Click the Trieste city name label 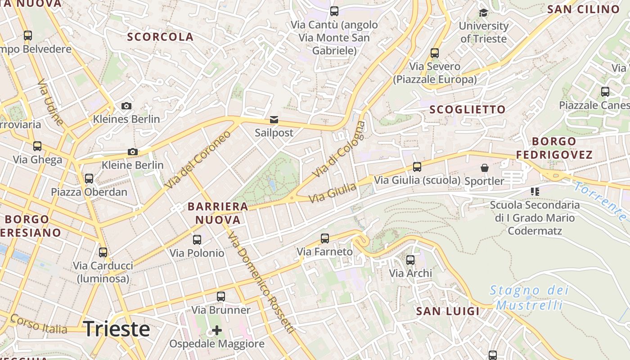click(x=117, y=329)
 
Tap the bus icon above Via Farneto click(x=325, y=238)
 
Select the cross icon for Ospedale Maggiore click(x=217, y=330)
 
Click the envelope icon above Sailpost click(x=274, y=120)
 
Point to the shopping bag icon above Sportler click(x=485, y=168)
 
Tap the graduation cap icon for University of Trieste click(x=484, y=13)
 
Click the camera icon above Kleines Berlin click(x=126, y=106)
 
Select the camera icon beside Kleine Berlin click(x=132, y=152)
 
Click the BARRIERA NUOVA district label click(x=218, y=213)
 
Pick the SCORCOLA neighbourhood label click(x=160, y=37)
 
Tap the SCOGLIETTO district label click(x=468, y=109)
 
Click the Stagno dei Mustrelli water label click(x=529, y=297)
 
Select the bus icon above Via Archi click(x=410, y=260)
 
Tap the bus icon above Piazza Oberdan click(x=89, y=179)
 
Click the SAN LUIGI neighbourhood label click(x=448, y=311)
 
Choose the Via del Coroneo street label click(x=198, y=160)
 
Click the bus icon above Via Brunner click(x=221, y=297)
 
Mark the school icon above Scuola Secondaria click(x=535, y=192)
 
